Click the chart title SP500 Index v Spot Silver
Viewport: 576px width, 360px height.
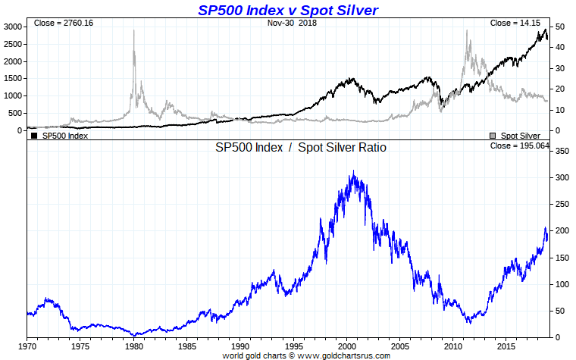[x=287, y=10]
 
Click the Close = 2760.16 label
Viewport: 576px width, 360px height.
[x=63, y=23]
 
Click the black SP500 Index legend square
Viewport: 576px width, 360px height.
[x=34, y=136]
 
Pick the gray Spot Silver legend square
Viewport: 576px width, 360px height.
[x=494, y=136]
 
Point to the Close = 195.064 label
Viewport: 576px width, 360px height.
[x=519, y=146]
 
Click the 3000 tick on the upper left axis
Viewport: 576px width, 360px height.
[x=13, y=27]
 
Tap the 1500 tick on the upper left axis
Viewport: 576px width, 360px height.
[x=13, y=79]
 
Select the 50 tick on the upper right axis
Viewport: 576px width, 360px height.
[x=559, y=27]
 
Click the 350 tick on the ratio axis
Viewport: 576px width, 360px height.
[x=562, y=152]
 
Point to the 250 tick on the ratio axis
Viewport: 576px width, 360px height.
[x=562, y=205]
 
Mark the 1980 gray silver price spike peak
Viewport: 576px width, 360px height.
[x=134, y=31]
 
